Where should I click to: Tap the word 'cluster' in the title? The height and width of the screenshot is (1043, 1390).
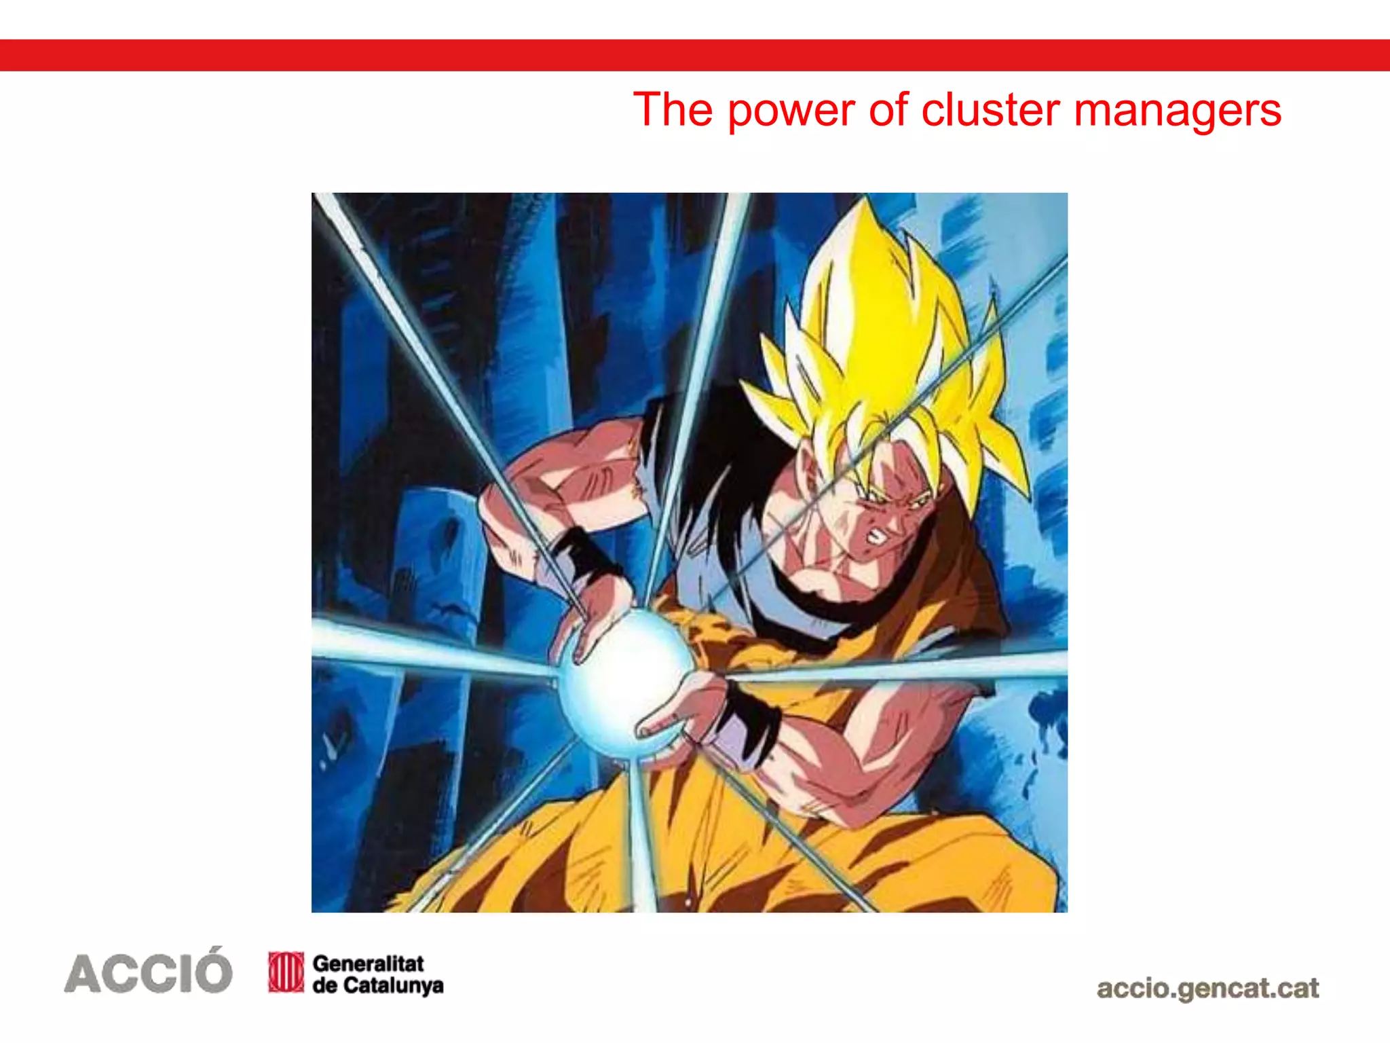point(991,110)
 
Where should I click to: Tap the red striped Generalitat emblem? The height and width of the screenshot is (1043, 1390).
point(286,972)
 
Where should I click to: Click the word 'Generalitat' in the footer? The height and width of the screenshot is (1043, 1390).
point(368,963)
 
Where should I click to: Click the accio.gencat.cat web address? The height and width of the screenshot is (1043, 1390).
point(1207,989)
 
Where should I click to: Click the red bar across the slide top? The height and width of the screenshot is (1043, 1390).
point(695,55)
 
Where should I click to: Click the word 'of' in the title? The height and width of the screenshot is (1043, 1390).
point(888,110)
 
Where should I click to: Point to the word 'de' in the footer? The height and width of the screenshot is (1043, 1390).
point(325,985)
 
